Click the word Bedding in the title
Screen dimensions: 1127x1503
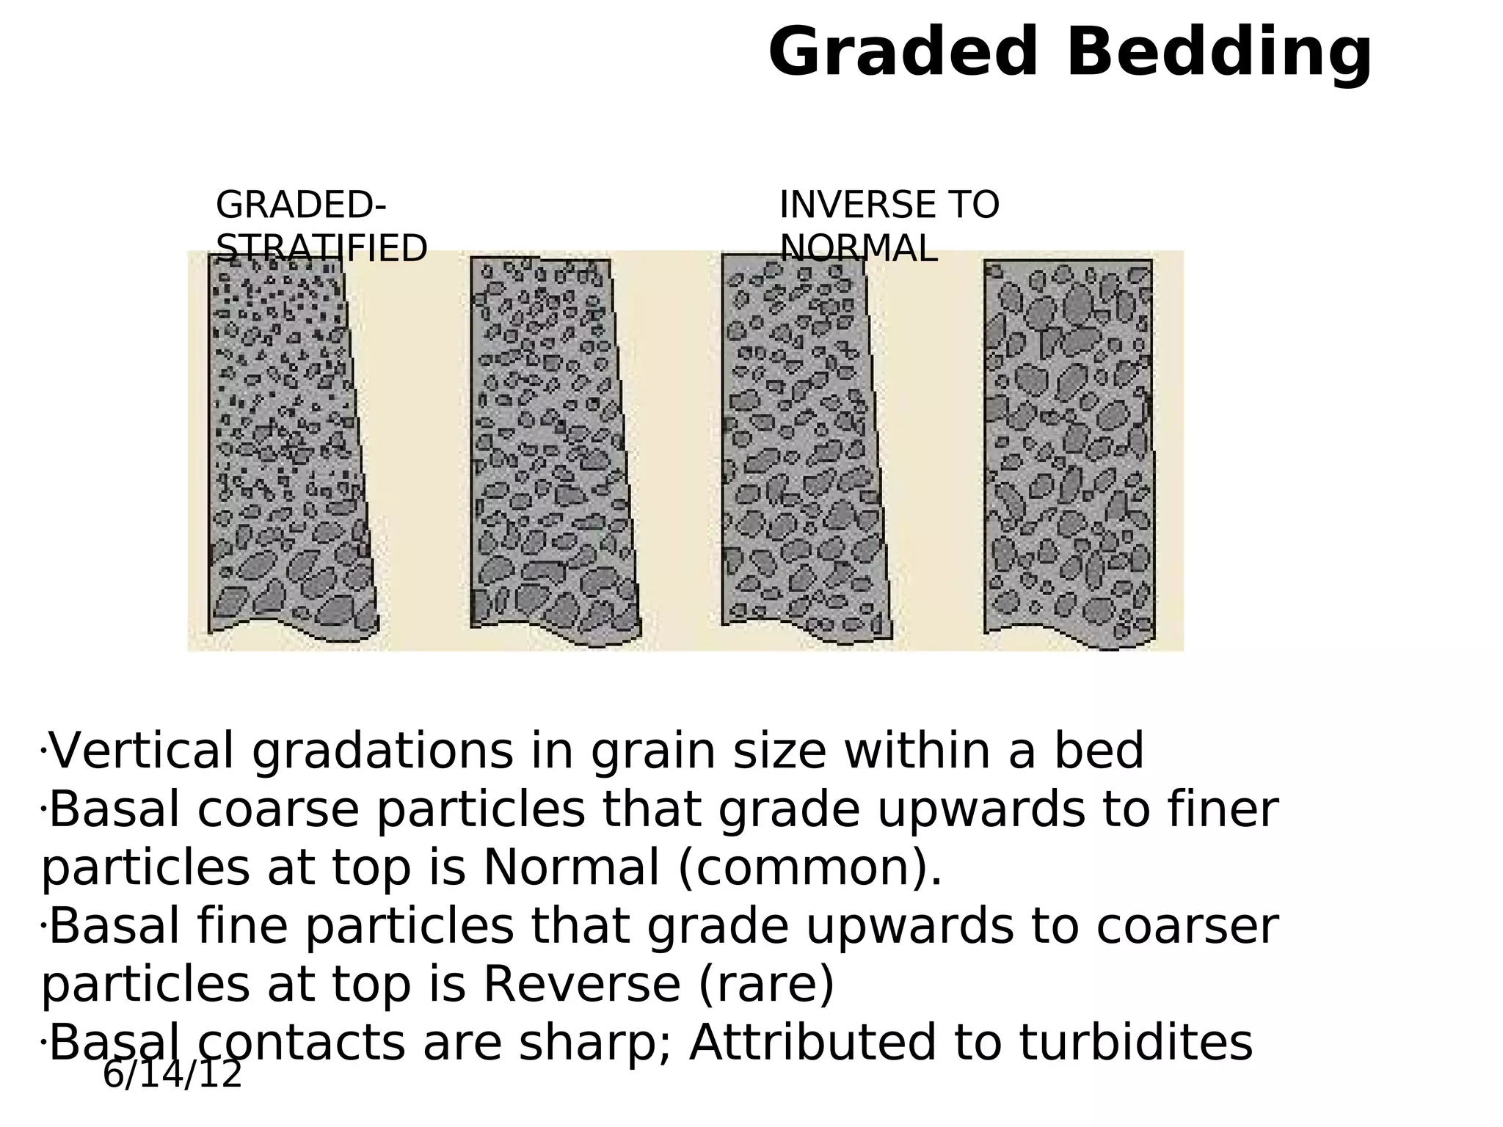[1219, 53]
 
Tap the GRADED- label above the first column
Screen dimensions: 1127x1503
[301, 205]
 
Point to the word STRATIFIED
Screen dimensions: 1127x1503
[321, 249]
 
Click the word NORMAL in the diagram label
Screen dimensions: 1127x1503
[858, 249]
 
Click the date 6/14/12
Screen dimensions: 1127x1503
[172, 1075]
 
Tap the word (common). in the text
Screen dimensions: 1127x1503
[809, 868]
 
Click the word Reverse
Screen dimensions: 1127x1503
[581, 985]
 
